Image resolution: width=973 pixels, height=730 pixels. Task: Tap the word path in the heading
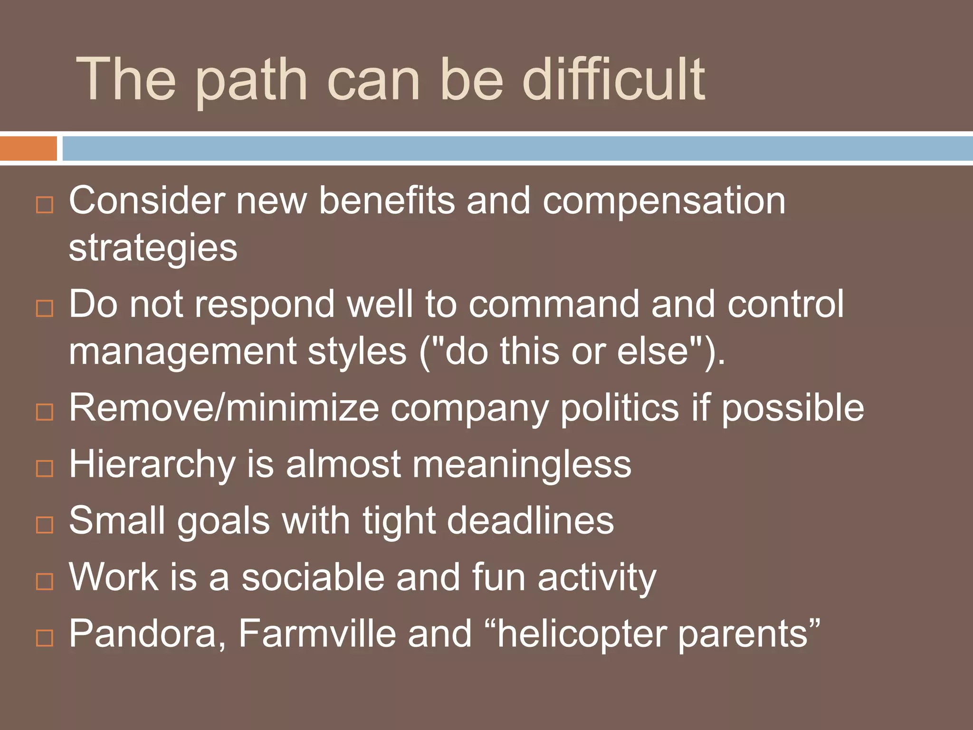[252, 82]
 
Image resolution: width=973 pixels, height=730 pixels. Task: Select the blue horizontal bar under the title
[517, 148]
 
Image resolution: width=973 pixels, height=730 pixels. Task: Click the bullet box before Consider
[45, 205]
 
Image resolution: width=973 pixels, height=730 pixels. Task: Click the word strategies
[153, 249]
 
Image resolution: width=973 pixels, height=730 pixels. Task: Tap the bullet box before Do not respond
[45, 309]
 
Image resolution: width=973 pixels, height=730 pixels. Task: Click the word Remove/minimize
[224, 408]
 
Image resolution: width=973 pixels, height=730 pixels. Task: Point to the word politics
[620, 408]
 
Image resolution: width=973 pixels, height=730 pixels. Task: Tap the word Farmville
[316, 634]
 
